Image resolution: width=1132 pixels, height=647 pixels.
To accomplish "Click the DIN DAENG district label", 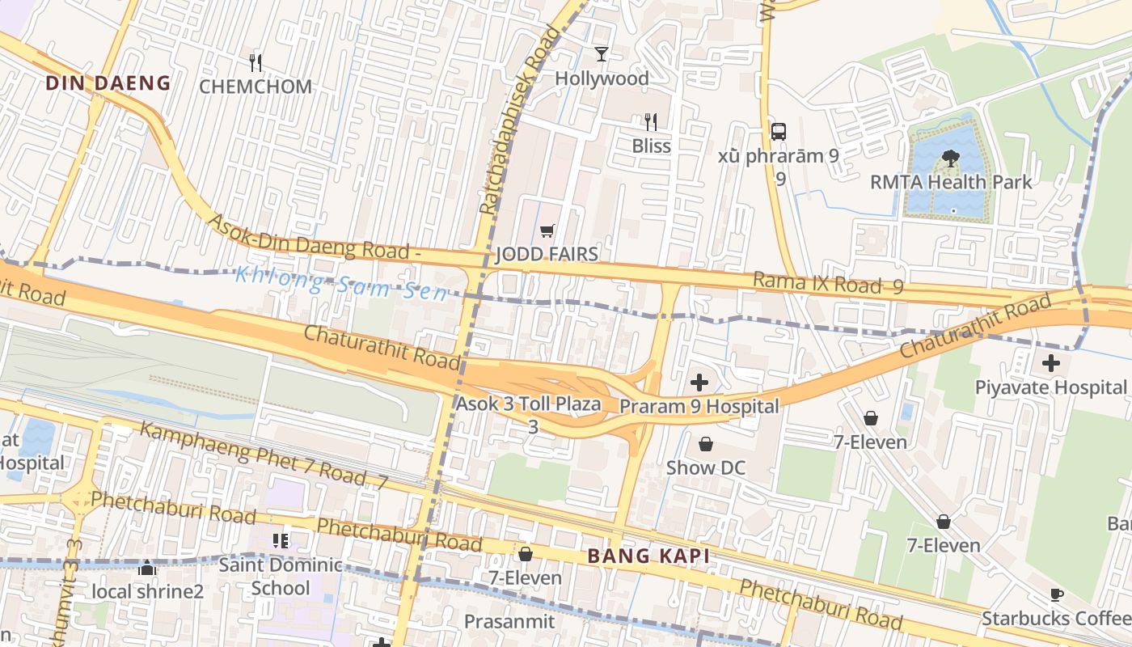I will tap(108, 83).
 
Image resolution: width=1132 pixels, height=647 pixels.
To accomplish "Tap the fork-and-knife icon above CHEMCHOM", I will tap(256, 62).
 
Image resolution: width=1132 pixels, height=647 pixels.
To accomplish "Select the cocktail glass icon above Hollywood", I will tap(602, 54).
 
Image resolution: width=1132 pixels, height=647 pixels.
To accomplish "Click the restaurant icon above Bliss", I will tap(651, 122).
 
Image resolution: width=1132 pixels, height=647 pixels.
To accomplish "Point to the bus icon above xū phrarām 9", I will tap(779, 131).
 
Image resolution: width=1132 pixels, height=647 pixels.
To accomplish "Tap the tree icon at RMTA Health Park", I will tap(951, 159).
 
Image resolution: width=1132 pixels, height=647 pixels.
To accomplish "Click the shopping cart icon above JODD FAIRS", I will tap(547, 231).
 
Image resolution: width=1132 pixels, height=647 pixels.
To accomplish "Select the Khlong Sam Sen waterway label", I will tap(340, 284).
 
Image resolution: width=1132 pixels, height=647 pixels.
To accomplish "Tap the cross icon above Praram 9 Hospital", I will tap(699, 383).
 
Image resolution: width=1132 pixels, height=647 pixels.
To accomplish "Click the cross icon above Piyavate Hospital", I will tap(1050, 363).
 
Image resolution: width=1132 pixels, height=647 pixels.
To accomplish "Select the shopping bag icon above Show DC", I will tap(706, 444).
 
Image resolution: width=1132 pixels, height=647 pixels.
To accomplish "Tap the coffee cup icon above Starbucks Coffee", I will tap(1056, 595).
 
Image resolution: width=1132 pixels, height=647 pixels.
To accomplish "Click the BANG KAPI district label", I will tap(648, 556).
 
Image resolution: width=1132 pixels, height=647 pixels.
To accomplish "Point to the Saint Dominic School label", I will tap(281, 576).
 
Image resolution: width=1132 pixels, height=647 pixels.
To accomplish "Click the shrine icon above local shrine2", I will tap(147, 569).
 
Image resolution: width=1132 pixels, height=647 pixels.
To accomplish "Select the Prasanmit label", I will tap(509, 621).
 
